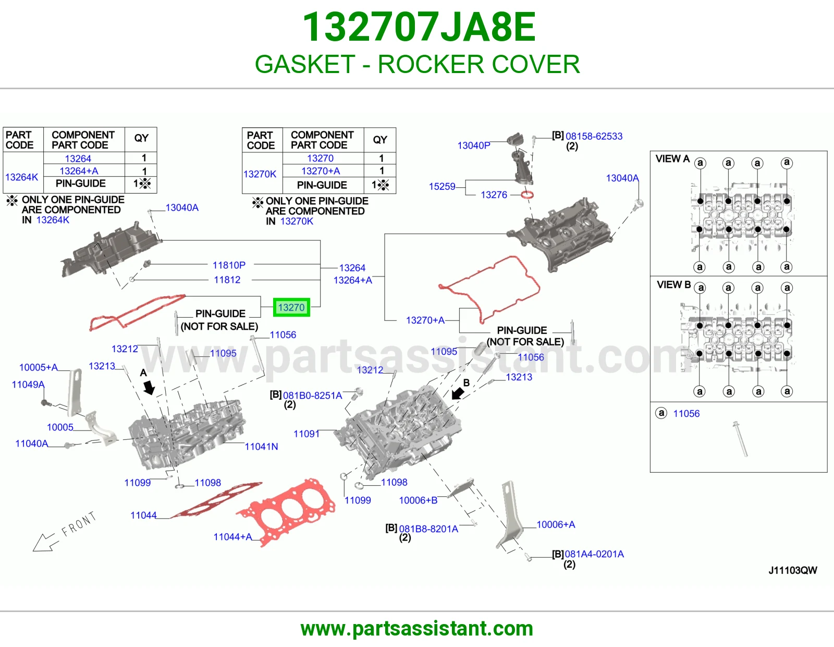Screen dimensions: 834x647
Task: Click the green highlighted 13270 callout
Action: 291,307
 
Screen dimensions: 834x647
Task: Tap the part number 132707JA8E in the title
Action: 419,27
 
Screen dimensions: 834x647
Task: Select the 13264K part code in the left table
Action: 21,177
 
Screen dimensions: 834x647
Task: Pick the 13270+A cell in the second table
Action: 321,171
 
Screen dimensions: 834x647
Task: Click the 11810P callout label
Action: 229,265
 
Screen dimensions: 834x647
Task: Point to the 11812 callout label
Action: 227,280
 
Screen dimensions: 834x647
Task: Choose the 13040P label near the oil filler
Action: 474,146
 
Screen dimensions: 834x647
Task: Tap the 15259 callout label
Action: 441,186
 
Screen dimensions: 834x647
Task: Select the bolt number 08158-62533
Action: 594,136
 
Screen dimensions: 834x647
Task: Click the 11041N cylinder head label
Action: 261,447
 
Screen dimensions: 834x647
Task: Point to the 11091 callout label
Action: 306,434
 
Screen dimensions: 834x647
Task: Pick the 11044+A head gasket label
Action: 233,537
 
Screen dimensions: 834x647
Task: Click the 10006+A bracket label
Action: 556,524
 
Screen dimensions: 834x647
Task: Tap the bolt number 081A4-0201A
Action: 594,554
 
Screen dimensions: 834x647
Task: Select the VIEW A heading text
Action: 672,159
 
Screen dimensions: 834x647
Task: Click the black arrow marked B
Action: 458,393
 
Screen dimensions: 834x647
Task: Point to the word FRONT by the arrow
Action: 79,523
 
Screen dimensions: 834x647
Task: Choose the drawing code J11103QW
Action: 792,570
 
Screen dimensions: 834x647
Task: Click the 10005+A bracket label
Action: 39,367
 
